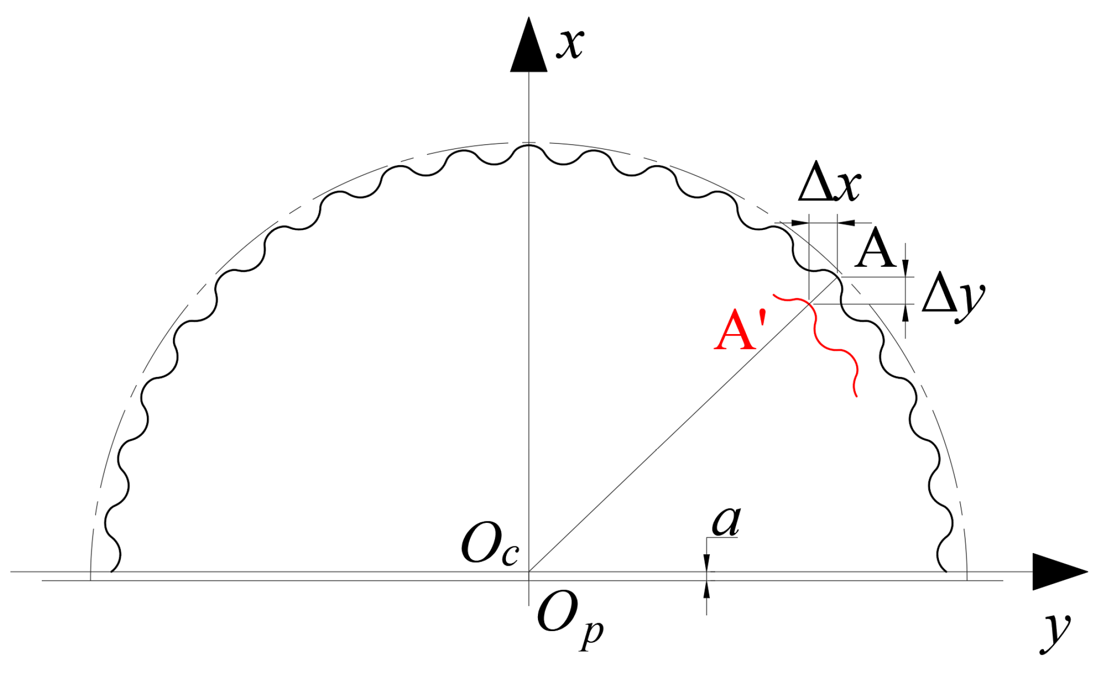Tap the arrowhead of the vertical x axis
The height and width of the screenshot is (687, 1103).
[x=528, y=47]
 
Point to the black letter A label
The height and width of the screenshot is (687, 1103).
[x=875, y=250]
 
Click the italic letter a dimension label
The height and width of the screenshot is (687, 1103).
[x=726, y=521]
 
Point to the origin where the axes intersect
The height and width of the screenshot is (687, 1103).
[x=529, y=571]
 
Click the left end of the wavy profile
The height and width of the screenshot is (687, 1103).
[x=112, y=571]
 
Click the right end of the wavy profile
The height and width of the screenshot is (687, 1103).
[x=945, y=571]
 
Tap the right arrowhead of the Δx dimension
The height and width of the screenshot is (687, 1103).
[x=846, y=223]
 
